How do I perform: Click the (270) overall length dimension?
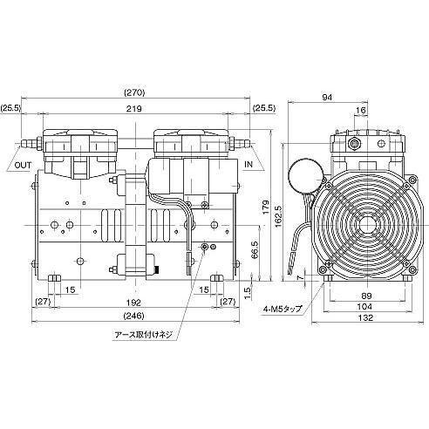point(134,92)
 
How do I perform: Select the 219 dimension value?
point(134,109)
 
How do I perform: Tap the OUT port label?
point(23,166)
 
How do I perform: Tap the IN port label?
point(249,164)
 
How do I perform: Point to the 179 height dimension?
point(266,208)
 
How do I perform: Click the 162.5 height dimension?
point(278,216)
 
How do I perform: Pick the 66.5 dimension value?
point(255,250)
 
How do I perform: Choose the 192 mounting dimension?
point(133,303)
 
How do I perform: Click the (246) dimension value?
point(133,316)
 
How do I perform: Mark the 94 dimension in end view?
point(327,98)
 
